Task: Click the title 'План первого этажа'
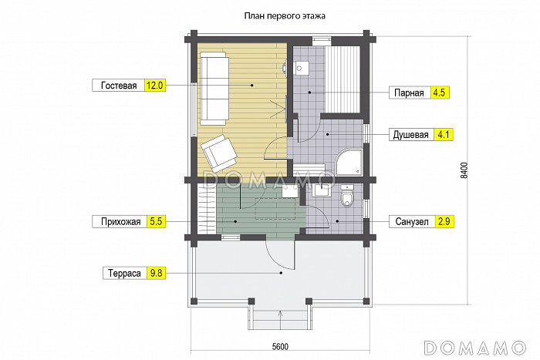pos(285,16)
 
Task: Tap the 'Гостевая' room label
pos(119,86)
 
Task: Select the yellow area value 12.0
pos(154,86)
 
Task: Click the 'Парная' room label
pos(409,93)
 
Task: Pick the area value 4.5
pos(440,93)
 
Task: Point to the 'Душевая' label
pos(411,135)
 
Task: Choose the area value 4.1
pos(444,135)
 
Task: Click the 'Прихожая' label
pos(120,222)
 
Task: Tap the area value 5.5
pos(156,222)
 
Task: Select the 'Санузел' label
pos(411,222)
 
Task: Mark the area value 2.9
pos(444,222)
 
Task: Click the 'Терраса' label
pos(124,273)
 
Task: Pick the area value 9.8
pos(156,273)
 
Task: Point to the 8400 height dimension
pos(464,170)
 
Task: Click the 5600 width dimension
pos(280,347)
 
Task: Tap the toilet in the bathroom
pos(347,196)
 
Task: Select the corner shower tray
pos(349,162)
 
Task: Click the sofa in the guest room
pos(214,89)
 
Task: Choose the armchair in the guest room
pos(219,153)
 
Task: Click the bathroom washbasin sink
pos(322,190)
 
